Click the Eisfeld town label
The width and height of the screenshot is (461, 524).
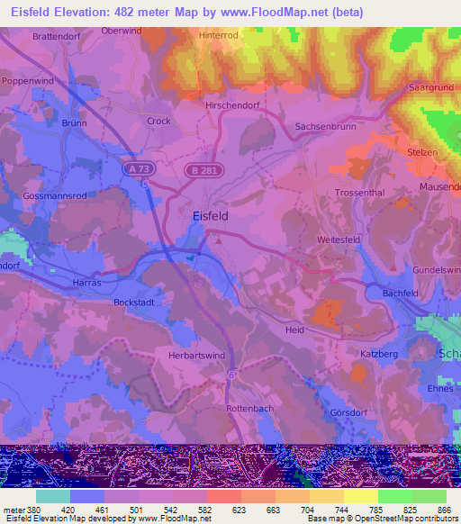210,216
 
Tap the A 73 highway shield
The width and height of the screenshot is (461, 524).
134,168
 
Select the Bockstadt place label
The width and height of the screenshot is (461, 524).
136,303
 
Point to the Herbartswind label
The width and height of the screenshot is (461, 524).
197,356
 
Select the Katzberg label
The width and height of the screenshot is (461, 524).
379,355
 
